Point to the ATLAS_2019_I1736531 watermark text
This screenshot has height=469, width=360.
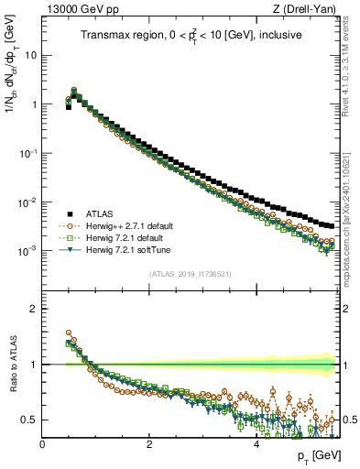pos(190,274)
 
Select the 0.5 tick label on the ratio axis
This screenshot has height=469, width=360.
pos(29,420)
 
